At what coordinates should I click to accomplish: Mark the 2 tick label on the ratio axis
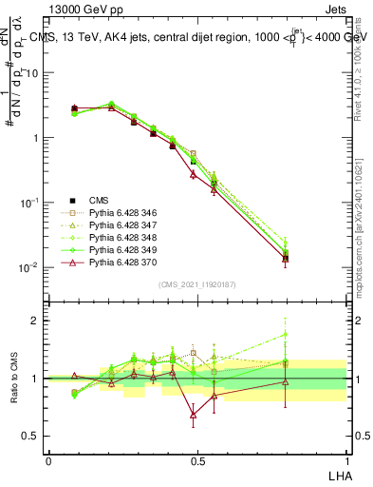pos(37,321)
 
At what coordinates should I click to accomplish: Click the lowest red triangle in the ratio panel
pos(194,415)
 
